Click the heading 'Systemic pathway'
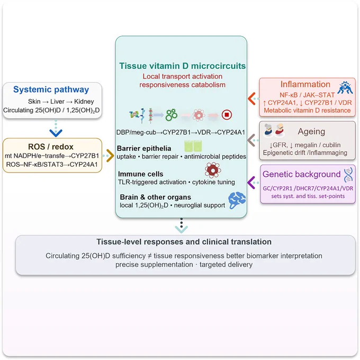pos(51,89)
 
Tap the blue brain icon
pos(237,200)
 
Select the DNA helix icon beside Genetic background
pos(348,175)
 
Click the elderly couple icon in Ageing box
pos(274,130)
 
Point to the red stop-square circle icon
pos(227,114)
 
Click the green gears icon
pos(172,114)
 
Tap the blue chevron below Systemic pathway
pos(56,133)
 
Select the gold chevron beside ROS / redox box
pos(111,156)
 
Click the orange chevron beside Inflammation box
pos(251,98)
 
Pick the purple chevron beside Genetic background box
pos(251,183)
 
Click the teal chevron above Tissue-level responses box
pos(182,229)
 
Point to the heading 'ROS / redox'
pos(51,147)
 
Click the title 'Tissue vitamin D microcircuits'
pos(182,66)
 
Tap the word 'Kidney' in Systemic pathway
pos(84,102)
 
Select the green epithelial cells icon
pos(193,146)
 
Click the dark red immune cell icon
pos(213,170)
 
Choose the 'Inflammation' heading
pos(305,84)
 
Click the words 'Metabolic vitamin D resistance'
pos(307,111)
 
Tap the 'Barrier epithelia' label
pos(144,149)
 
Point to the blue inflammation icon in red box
pos(345,88)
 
